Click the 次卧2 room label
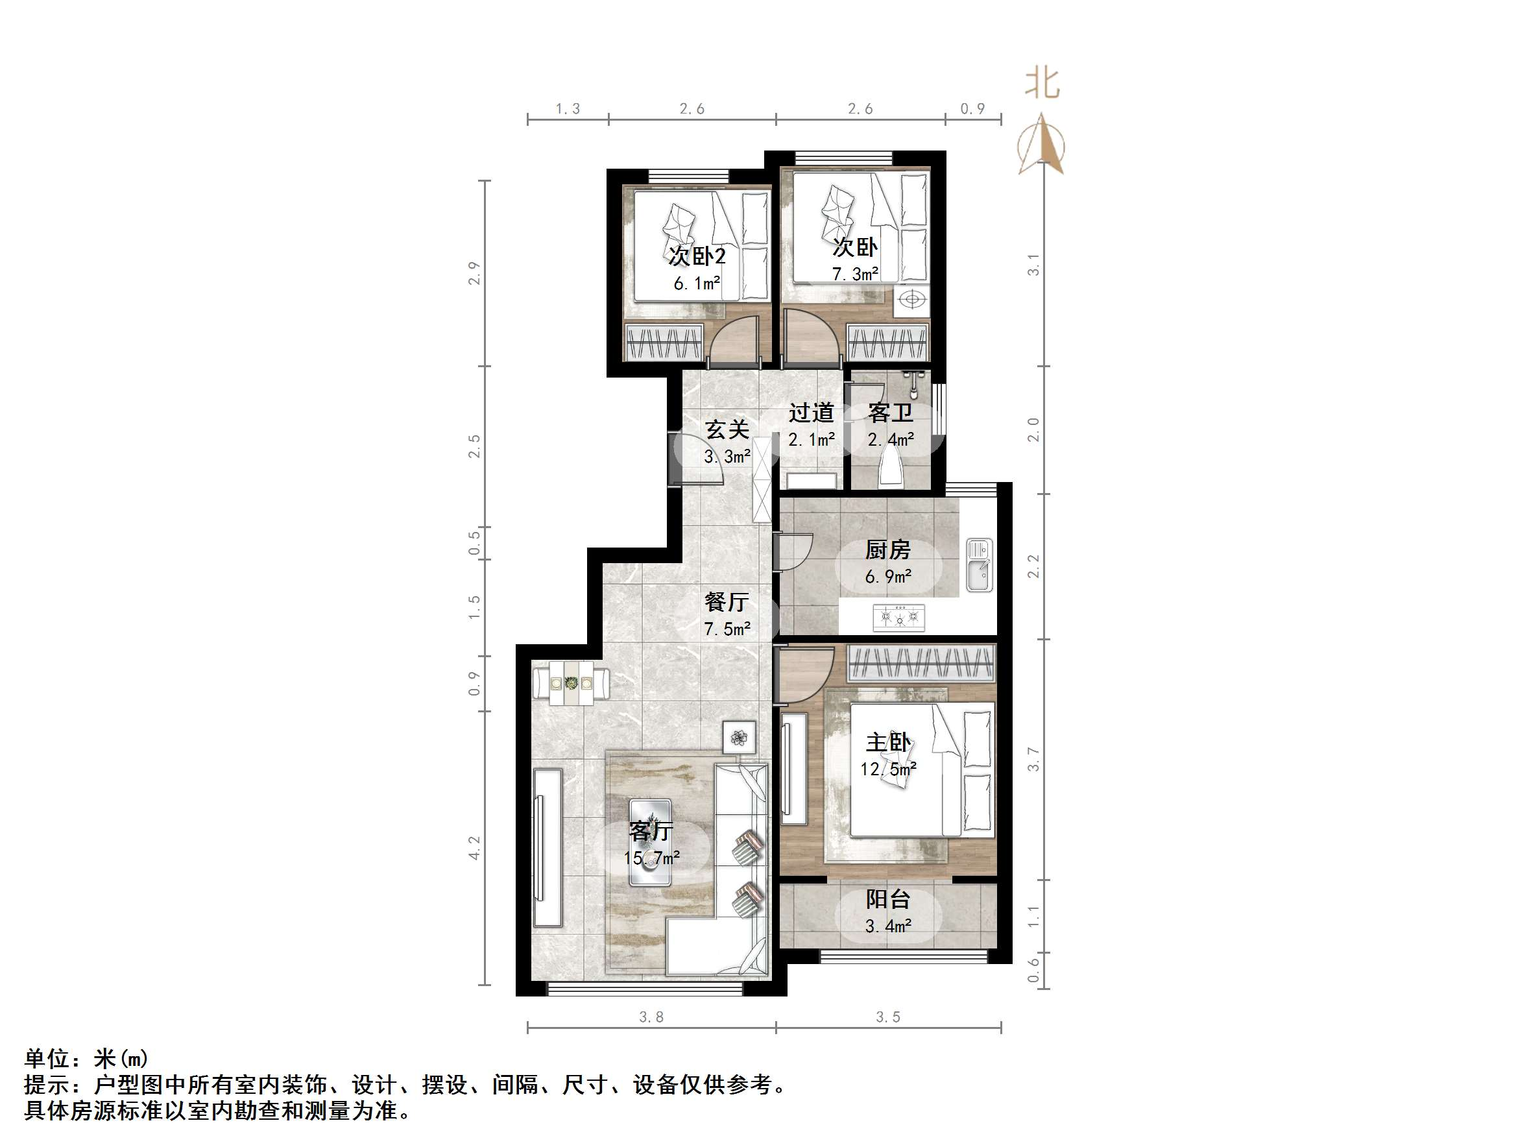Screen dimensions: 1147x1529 [x=697, y=256]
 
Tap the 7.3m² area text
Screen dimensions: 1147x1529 [x=855, y=274]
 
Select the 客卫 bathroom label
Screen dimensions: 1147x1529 [x=890, y=413]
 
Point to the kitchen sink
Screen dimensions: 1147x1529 [x=979, y=565]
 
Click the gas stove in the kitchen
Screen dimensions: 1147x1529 [x=899, y=616]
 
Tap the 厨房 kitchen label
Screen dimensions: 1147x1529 [x=888, y=550]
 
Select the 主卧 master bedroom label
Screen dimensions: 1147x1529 [x=888, y=743]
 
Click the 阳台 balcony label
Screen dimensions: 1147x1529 [x=888, y=899]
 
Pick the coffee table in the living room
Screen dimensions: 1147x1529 [x=650, y=843]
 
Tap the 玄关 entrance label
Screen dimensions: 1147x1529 [x=727, y=430]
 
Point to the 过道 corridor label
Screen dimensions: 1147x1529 [x=812, y=413]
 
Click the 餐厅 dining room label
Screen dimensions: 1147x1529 [x=727, y=602]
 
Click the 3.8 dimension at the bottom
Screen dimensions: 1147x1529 [x=651, y=1017]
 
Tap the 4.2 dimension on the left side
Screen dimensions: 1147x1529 [x=474, y=849]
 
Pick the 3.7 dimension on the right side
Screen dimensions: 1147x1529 [x=1033, y=759]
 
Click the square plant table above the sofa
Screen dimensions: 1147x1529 [x=739, y=737]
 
